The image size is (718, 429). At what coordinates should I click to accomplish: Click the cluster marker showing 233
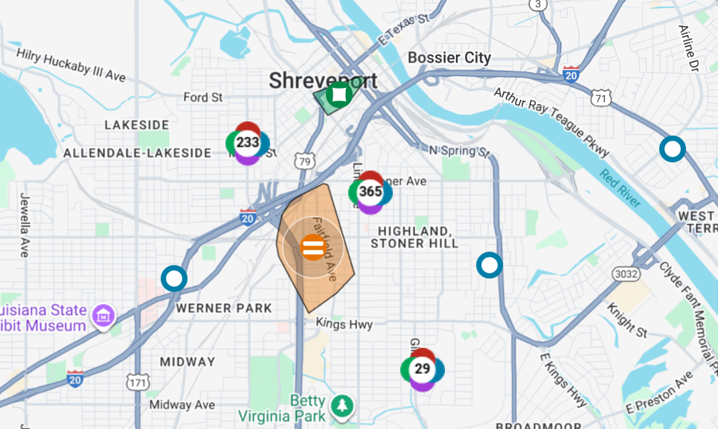tap(247, 142)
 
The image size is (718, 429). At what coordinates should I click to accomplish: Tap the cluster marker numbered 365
tap(370, 191)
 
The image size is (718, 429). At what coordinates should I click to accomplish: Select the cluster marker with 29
tap(422, 369)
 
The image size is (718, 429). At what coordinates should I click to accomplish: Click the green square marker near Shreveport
tap(339, 95)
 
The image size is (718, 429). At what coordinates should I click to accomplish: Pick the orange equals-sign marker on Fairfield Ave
tap(312, 247)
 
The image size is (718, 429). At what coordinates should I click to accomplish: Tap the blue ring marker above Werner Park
tap(174, 279)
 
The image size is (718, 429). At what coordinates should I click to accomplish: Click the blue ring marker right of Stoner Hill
tap(489, 264)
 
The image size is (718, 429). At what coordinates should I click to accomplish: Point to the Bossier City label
tap(449, 58)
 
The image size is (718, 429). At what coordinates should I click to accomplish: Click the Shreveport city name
tap(323, 80)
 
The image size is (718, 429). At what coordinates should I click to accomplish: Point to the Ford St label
tap(203, 98)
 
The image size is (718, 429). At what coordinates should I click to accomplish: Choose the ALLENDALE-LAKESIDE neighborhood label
tap(138, 153)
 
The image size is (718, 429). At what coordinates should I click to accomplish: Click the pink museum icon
tap(103, 317)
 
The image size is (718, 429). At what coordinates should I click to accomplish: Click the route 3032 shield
tap(626, 274)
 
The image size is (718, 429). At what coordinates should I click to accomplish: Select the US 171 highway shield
tap(137, 383)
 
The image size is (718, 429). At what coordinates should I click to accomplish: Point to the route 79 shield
tap(304, 160)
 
